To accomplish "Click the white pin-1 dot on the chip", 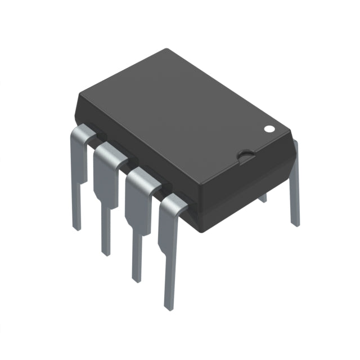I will (x=269, y=128).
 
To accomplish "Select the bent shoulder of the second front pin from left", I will (x=110, y=156).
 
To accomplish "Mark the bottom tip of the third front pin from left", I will (x=137, y=276).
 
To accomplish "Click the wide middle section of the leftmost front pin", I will (x=79, y=163).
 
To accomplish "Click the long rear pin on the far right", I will (x=294, y=186).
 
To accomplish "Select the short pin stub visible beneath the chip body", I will (x=262, y=197).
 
